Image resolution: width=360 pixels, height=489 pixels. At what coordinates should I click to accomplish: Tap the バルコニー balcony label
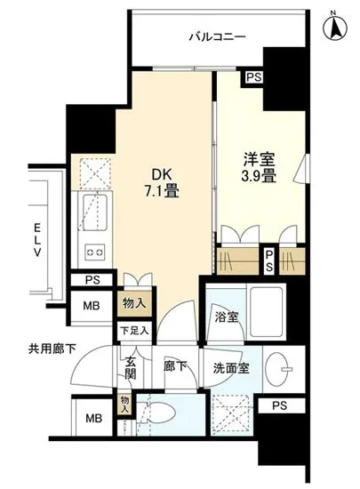[216, 36]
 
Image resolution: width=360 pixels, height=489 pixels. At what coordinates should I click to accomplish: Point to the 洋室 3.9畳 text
[260, 168]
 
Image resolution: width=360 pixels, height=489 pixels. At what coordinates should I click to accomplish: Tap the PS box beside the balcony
[254, 77]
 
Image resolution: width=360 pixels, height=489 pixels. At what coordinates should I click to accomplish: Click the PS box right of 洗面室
[280, 407]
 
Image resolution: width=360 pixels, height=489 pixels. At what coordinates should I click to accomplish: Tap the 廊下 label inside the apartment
[172, 365]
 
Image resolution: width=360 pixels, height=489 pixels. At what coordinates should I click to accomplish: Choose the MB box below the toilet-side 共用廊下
[92, 419]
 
